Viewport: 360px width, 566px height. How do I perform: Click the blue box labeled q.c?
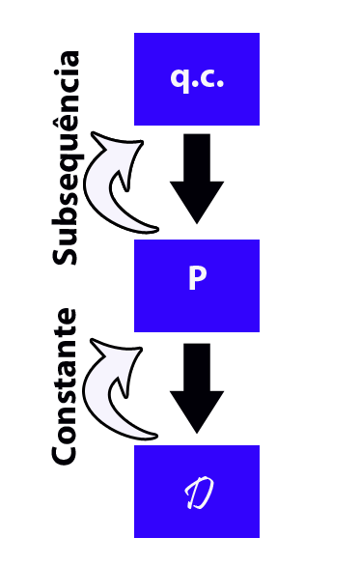pos(197,79)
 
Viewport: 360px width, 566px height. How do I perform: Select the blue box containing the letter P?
pos(197,285)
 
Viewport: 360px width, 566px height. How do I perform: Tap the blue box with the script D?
pos(197,491)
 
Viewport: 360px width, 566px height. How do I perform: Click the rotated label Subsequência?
pos(66,157)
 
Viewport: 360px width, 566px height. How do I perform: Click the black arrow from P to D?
pos(197,386)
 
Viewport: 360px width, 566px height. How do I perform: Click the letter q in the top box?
pos(180,79)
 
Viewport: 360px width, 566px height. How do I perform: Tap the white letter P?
pos(197,279)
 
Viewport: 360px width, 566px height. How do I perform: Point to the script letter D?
pos(198,494)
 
